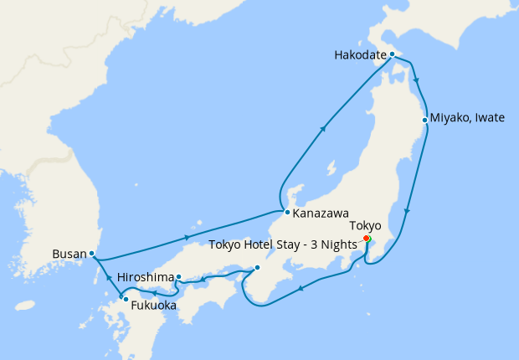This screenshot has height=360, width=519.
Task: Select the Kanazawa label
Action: (x=321, y=213)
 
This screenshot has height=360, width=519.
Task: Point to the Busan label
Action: (x=69, y=253)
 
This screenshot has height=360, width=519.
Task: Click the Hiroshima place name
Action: (x=146, y=277)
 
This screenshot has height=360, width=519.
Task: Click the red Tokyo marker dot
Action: (x=367, y=239)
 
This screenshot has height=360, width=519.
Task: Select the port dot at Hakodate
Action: (x=392, y=54)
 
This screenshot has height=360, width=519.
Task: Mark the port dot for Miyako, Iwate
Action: (x=425, y=120)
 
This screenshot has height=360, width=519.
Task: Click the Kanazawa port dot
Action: (x=287, y=212)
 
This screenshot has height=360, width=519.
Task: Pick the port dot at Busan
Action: (x=91, y=253)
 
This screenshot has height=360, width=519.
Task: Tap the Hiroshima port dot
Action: (x=179, y=277)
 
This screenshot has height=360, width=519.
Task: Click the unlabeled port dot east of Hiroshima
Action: (x=257, y=268)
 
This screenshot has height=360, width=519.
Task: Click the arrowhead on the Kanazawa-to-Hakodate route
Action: (x=324, y=128)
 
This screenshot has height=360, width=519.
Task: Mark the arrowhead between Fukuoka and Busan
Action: (x=107, y=277)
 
